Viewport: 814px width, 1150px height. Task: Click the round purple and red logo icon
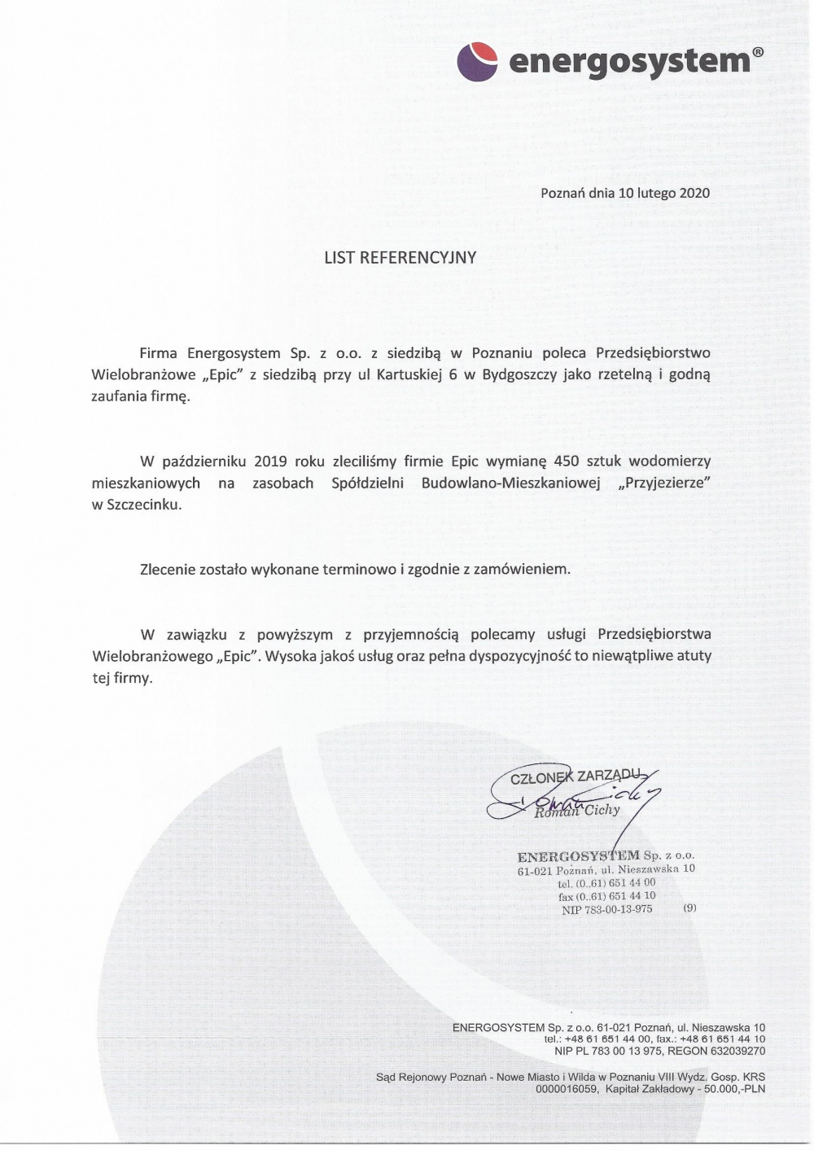pos(477,61)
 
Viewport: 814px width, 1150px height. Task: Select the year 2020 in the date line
pos(694,193)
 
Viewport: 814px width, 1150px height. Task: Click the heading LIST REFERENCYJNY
pos(400,258)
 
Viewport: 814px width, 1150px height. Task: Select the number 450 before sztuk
pos(566,461)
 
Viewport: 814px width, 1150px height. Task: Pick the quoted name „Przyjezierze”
pos(665,483)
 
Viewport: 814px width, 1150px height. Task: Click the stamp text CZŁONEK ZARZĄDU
pos(576,777)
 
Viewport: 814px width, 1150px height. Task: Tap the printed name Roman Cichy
pos(577,810)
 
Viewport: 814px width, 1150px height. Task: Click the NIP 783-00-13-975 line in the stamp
pos(607,910)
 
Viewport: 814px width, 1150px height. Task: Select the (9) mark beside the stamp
pos(689,907)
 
